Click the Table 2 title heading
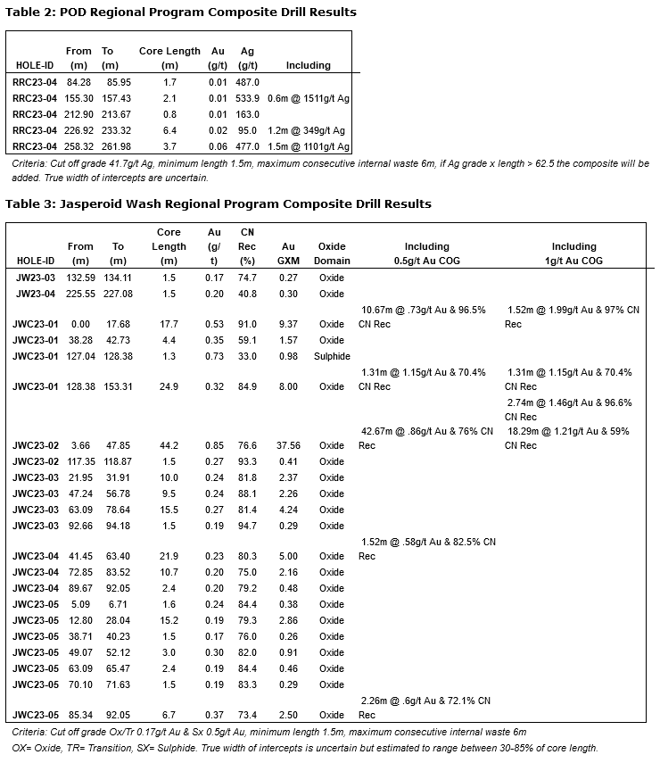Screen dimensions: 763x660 [x=181, y=12]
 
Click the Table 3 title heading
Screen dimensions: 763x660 [x=219, y=203]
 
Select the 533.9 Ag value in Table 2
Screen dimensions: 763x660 [x=247, y=98]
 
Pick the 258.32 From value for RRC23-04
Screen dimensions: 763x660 [x=79, y=146]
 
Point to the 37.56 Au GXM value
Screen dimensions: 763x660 [x=288, y=445]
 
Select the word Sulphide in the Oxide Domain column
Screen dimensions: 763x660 [x=332, y=356]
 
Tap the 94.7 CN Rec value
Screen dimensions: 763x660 [x=247, y=526]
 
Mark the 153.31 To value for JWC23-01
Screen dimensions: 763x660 [x=117, y=386]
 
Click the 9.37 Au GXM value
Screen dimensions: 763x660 [x=288, y=324]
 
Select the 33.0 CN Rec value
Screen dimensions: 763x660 [x=247, y=356]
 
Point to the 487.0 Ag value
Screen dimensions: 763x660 [x=247, y=82]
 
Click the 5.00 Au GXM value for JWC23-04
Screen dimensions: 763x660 [x=288, y=556]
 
